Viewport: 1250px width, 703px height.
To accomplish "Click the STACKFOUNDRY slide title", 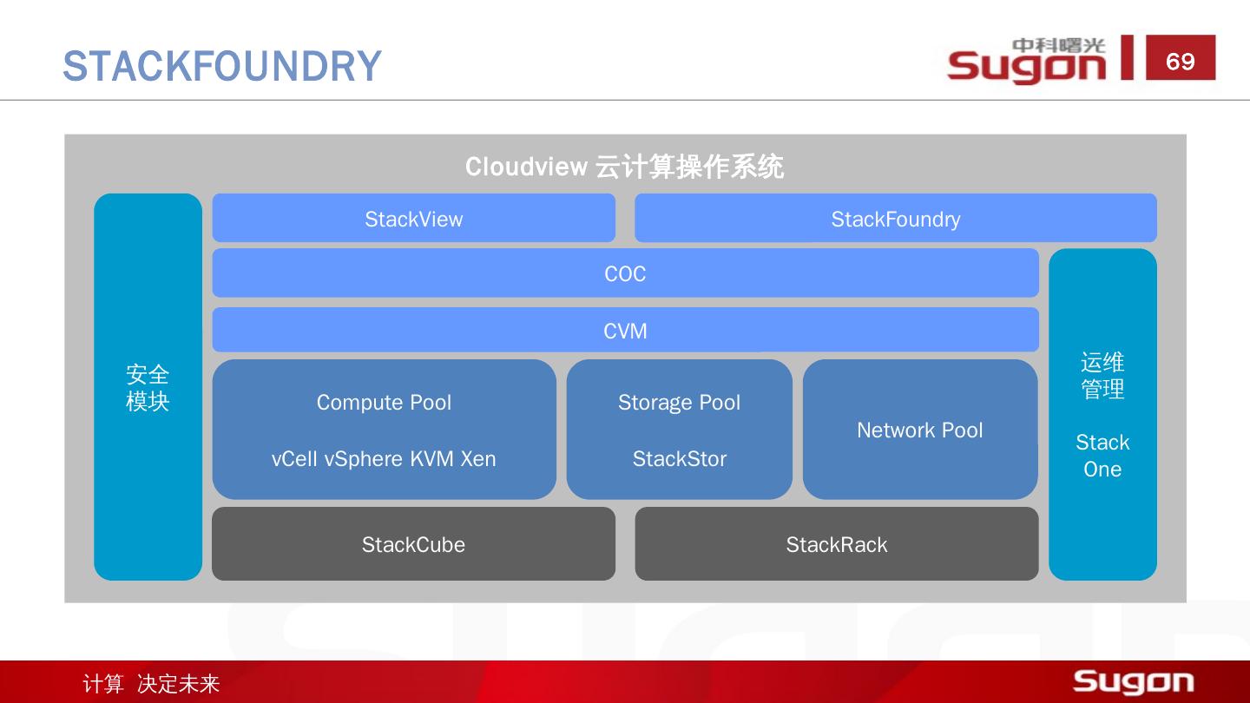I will pyautogui.click(x=222, y=66).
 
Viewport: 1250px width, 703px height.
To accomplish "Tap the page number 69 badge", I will pyautogui.click(x=1180, y=61).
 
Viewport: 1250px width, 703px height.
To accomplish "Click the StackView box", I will pyautogui.click(x=413, y=219).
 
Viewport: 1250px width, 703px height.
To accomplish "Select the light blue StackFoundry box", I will pyautogui.click(x=895, y=219).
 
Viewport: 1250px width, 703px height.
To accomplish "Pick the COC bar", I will pyautogui.click(x=625, y=273).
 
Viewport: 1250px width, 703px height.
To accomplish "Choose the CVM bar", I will pyautogui.click(x=625, y=331).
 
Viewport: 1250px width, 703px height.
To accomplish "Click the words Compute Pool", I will pyautogui.click(x=384, y=403).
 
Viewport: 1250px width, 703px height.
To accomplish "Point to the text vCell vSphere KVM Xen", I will pyautogui.click(x=384, y=459).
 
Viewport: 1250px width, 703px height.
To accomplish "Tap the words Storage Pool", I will pyautogui.click(x=679, y=403).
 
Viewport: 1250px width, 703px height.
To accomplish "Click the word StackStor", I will pyautogui.click(x=679, y=459).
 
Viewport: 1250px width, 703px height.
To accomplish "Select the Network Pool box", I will pyautogui.click(x=919, y=430).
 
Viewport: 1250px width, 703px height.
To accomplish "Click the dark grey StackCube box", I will pyautogui.click(x=413, y=544).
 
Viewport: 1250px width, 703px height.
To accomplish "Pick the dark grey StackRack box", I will pyautogui.click(x=836, y=544).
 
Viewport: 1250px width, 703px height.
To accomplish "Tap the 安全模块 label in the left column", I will pyautogui.click(x=148, y=388).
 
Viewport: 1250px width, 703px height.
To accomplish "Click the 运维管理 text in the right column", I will pyautogui.click(x=1102, y=376).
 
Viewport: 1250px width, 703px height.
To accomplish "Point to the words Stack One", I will pyautogui.click(x=1102, y=456).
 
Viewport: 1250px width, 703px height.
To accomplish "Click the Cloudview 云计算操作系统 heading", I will pyautogui.click(x=624, y=167).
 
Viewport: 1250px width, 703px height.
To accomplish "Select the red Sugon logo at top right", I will pyautogui.click(x=1027, y=61).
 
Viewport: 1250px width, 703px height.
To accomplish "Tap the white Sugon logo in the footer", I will pyautogui.click(x=1133, y=681).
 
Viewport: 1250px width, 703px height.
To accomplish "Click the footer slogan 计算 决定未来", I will pyautogui.click(x=151, y=684).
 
